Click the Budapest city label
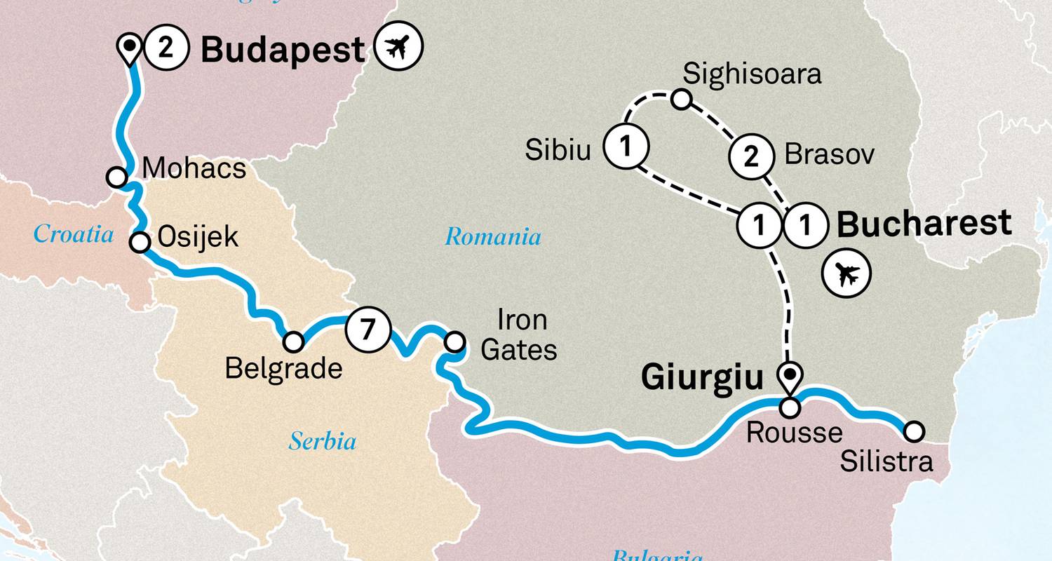coord(283,50)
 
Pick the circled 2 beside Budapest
coord(165,48)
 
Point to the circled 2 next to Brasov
coord(750,156)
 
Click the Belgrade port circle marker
coord(293,342)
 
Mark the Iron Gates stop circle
coord(455,342)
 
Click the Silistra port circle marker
coord(914,431)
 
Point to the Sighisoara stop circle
coord(681,100)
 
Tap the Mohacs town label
coord(194,169)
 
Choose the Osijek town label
coord(198,237)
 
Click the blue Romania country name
coord(493,237)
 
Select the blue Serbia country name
coord(323,442)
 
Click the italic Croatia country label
coord(74,234)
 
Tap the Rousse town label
coord(794,433)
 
